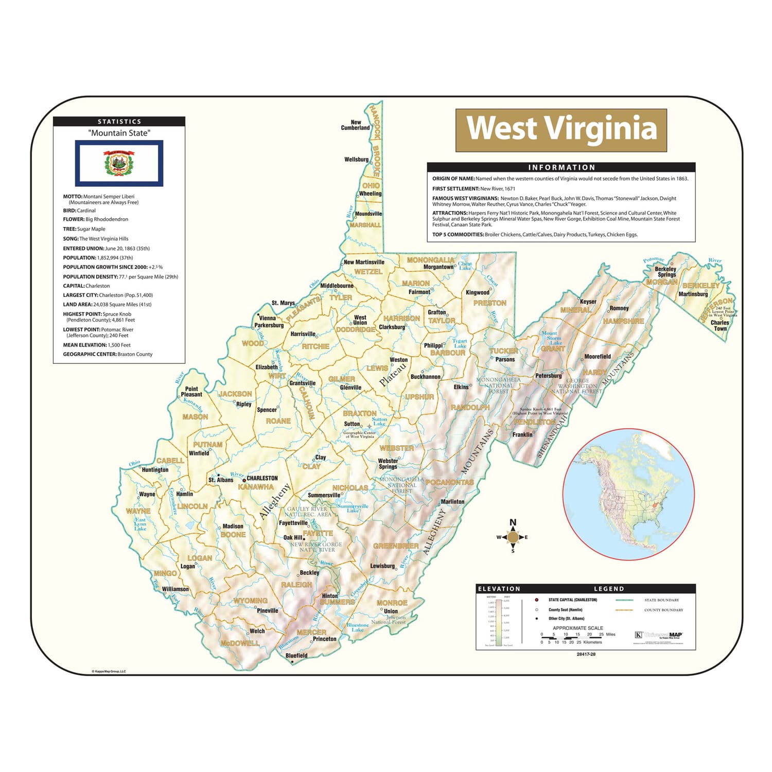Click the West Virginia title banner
(x=561, y=130)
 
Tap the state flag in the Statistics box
(x=119, y=163)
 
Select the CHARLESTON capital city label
(x=262, y=478)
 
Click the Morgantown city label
(x=438, y=267)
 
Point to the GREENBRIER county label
(x=396, y=546)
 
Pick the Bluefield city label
(x=296, y=656)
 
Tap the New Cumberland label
(x=355, y=125)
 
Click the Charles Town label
(x=720, y=325)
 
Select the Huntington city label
(x=155, y=469)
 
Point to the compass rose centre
(x=513, y=537)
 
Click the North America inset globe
(x=628, y=494)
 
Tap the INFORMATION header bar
(x=561, y=167)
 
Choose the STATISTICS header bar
(x=119, y=121)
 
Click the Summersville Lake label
(x=353, y=508)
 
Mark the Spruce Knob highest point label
(x=540, y=411)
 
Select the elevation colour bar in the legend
(x=498, y=622)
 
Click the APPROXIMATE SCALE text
(x=577, y=628)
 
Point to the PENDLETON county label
(x=534, y=422)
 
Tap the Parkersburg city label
(x=269, y=325)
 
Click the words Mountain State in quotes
(x=119, y=133)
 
